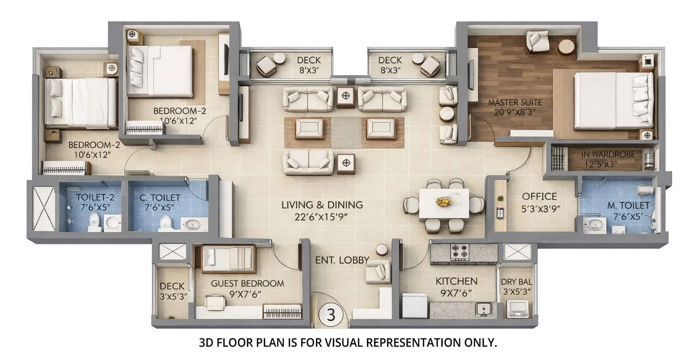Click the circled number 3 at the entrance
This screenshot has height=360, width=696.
331,314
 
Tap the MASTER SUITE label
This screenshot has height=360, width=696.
515,103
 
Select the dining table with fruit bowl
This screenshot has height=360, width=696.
444,203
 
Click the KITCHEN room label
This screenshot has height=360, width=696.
457,281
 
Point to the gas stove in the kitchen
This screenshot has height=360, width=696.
460,252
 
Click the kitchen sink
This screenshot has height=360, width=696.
484,310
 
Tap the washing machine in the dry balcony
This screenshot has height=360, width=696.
517,308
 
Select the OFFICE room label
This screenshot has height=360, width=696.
539,196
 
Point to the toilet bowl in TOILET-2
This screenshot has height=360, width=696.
94,222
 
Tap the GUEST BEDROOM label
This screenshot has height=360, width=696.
247,284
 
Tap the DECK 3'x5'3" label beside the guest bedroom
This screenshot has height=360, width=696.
172,291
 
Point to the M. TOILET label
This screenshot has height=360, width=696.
628,206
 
